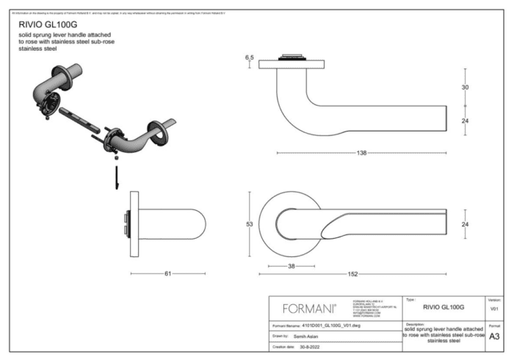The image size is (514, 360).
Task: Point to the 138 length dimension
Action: tap(361, 152)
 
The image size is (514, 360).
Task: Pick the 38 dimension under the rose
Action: tap(292, 266)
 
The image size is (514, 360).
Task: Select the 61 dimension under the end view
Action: tap(167, 273)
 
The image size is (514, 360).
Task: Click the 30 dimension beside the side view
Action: tap(465, 87)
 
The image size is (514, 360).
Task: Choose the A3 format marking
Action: tap(494, 335)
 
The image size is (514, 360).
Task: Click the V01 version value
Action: tap(494, 309)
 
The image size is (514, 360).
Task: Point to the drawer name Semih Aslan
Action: tap(299, 334)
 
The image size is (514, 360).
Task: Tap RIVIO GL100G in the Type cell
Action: tap(444, 307)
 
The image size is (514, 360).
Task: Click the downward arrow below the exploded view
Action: tap(116, 177)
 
